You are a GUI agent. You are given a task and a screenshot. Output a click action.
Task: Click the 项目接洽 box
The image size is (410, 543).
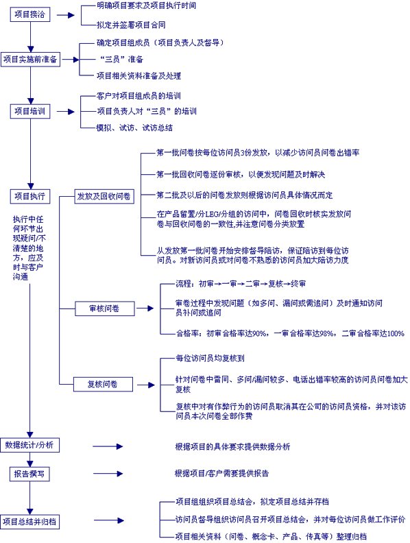[29, 14]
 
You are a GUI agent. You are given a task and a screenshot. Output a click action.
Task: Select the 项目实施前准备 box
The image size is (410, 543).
[30, 60]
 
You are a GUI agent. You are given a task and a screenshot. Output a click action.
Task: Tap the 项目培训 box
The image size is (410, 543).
[29, 112]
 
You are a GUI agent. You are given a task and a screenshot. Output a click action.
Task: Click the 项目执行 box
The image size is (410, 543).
[29, 196]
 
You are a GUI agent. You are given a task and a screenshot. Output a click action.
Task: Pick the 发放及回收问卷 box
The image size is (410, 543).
[104, 196]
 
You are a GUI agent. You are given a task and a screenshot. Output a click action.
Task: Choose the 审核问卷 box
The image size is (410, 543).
[105, 309]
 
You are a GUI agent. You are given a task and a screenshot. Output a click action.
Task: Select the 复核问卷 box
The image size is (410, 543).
[103, 385]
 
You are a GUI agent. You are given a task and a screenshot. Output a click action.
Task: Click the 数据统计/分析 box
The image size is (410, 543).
[29, 446]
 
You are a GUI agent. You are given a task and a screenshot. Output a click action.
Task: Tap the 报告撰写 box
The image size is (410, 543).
[29, 474]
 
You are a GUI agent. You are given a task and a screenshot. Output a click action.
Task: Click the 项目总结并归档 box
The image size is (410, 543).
[29, 522]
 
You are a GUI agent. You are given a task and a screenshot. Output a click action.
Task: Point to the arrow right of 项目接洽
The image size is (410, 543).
[65, 15]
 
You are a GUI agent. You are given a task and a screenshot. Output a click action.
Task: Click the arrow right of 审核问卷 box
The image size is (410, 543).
[145, 309]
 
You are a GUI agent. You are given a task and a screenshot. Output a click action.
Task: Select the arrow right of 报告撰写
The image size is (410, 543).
[108, 474]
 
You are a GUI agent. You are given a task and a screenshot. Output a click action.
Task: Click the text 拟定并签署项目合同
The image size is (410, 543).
[131, 25]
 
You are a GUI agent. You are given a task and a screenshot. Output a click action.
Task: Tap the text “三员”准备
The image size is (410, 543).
[121, 59]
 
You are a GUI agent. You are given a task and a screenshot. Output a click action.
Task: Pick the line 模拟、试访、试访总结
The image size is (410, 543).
[134, 128]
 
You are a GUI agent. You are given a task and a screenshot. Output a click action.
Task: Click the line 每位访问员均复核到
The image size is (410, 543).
[210, 358]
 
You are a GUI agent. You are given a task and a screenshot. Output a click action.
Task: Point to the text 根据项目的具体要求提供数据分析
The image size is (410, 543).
[232, 447]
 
